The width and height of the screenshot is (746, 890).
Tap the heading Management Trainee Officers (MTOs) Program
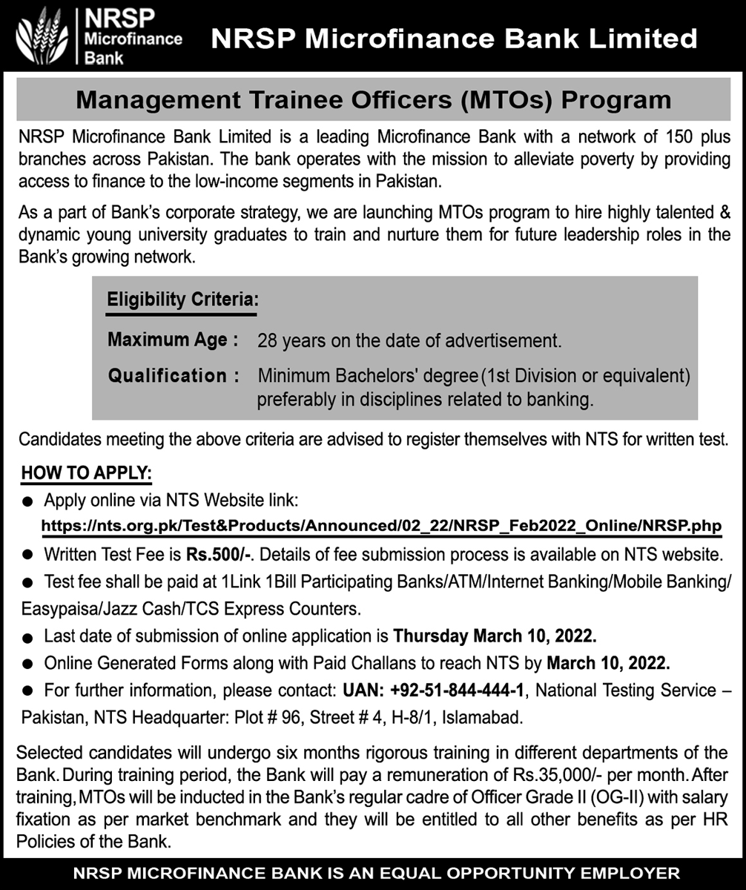click(373, 99)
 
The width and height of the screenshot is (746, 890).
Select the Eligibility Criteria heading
click(182, 300)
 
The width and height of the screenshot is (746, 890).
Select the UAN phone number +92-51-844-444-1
click(455, 691)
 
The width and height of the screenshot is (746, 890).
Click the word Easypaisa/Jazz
click(79, 610)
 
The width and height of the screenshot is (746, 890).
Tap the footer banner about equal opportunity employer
click(373, 872)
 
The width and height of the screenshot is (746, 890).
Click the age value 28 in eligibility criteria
click(266, 342)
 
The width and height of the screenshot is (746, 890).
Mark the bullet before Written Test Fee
click(28, 555)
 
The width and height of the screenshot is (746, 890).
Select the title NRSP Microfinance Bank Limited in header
click(454, 39)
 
